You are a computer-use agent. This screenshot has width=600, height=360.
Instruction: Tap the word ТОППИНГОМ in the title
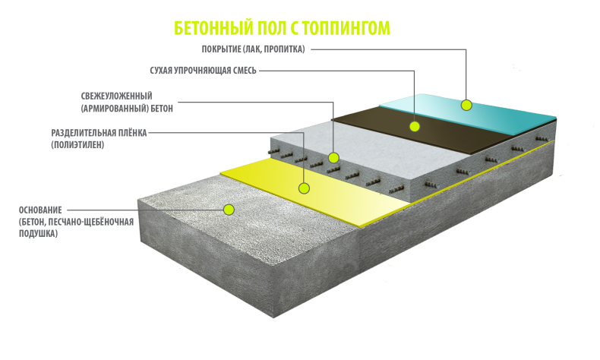pos(346,28)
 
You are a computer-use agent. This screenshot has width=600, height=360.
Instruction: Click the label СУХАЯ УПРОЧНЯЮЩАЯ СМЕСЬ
pos(204,71)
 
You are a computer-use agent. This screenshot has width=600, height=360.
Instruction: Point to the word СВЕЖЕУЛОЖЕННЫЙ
pos(117,96)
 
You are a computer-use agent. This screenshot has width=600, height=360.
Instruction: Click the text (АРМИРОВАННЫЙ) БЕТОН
pos(127,109)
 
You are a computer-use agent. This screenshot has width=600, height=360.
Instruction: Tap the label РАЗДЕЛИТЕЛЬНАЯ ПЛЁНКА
pos(99,133)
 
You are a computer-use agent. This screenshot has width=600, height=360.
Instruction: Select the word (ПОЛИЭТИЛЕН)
pos(77,145)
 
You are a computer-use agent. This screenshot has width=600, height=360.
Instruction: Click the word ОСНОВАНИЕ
pos(40,210)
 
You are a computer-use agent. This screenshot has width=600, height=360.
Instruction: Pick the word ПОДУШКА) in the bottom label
pos(38,233)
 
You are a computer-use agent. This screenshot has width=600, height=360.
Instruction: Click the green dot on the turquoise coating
pos(466,106)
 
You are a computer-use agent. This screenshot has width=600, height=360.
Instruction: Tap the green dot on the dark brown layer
pos(415,126)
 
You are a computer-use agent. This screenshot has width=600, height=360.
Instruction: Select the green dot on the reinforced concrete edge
pos(333,158)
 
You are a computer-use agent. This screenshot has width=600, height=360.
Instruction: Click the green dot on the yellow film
pos(305,188)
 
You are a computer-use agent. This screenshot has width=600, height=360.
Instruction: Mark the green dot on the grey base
pos(229,210)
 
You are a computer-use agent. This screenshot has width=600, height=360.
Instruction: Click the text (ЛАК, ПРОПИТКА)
pos(274,49)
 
